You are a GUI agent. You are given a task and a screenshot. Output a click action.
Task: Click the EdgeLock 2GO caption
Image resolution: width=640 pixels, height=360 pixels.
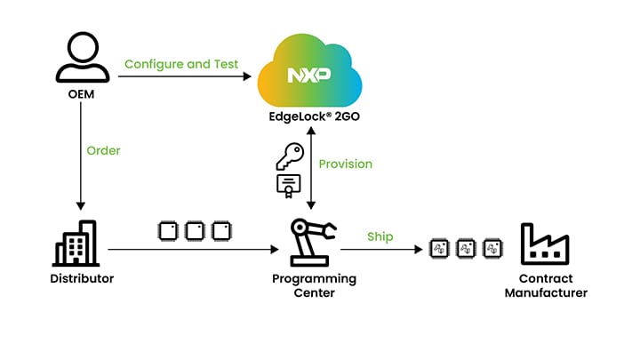(310, 116)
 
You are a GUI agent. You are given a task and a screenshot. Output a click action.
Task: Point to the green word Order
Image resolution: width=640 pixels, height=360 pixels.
(103, 150)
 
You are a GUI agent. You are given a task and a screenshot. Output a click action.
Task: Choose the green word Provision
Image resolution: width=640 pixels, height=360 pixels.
(346, 164)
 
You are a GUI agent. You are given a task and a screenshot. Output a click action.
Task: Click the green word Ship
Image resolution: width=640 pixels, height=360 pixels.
(380, 236)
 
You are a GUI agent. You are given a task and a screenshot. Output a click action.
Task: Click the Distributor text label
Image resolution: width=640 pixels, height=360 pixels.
(82, 279)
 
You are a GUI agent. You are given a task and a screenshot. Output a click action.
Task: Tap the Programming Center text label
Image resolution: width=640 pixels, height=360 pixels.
(314, 285)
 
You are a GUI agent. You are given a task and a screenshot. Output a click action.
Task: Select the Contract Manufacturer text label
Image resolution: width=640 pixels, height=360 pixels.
(545, 285)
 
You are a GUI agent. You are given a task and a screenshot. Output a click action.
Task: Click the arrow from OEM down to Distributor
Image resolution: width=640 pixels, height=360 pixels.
(81, 160)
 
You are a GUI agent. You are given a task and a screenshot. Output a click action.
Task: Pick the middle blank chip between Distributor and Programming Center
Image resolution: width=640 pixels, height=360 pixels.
(194, 231)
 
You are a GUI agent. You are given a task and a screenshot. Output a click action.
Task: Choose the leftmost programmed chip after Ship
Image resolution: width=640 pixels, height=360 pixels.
(437, 249)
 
